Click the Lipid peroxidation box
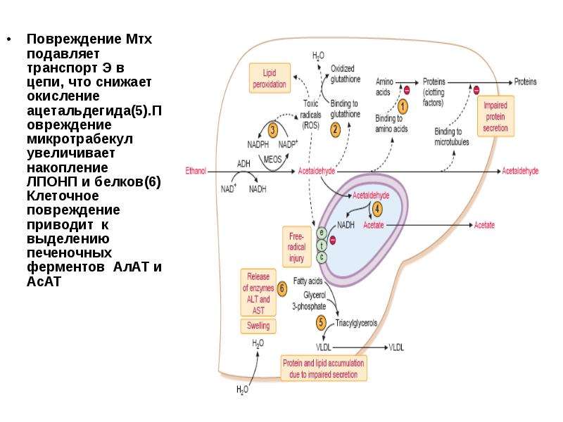click(x=270, y=78)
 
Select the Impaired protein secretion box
click(x=495, y=116)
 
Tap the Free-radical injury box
click(x=296, y=247)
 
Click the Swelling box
click(x=258, y=326)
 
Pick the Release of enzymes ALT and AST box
click(x=258, y=293)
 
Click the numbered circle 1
click(x=403, y=107)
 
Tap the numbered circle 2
click(x=336, y=129)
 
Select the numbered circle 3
click(x=273, y=129)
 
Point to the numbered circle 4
click(x=377, y=209)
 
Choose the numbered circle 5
click(x=321, y=322)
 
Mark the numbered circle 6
click(x=283, y=288)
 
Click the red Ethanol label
click(x=196, y=171)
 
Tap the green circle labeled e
click(x=322, y=234)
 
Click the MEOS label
click(x=272, y=159)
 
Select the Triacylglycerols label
click(x=356, y=323)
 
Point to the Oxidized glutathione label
click(x=346, y=74)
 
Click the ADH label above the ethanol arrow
click(x=243, y=164)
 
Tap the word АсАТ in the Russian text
click(x=44, y=282)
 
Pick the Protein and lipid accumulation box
click(x=324, y=369)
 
